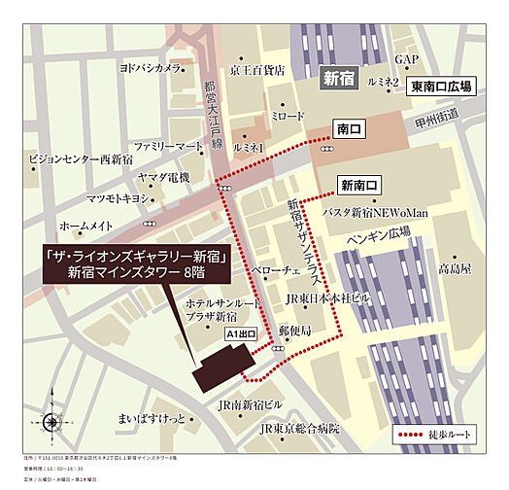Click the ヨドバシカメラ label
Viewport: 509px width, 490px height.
151,69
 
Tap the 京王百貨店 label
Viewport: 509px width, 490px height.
257,70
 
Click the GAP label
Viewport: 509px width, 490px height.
406,60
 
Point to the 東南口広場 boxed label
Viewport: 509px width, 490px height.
441,87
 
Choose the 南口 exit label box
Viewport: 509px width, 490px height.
348,127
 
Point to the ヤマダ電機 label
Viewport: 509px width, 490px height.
163,177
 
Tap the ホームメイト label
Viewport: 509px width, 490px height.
87,225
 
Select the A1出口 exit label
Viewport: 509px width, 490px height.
240,333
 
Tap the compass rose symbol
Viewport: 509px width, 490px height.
51,422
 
